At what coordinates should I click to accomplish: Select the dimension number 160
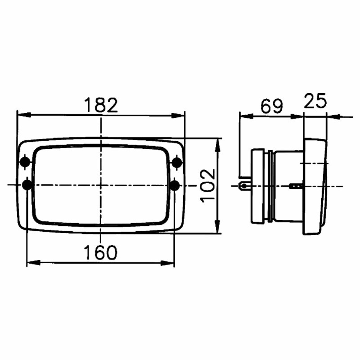click(101, 252)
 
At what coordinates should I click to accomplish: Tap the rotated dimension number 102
click(207, 186)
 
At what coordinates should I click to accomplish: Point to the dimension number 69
click(272, 106)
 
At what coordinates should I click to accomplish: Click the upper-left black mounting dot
click(25, 162)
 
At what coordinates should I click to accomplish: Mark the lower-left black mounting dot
click(27, 185)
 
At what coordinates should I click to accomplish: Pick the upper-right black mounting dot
click(177, 162)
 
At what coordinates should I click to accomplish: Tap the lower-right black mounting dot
click(175, 185)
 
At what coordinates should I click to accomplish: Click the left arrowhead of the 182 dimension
click(24, 115)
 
